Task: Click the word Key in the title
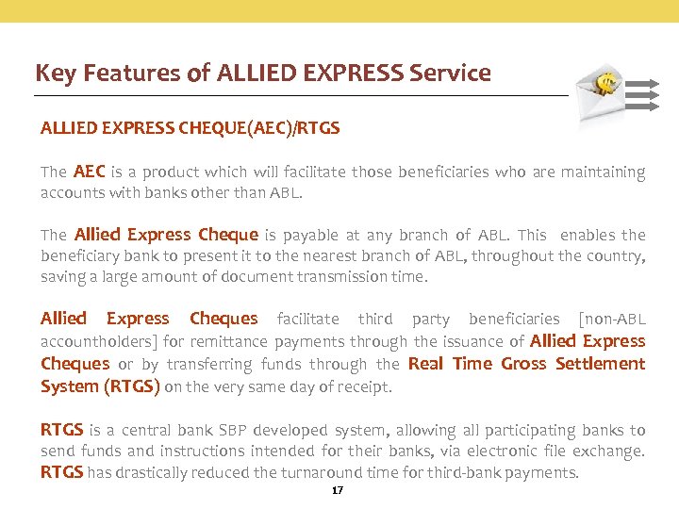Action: point(54,74)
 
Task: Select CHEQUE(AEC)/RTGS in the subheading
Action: point(259,128)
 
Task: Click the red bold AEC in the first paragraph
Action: point(89,172)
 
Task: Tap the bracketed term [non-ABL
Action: point(612,320)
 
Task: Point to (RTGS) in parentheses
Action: point(131,386)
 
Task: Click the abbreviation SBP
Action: point(232,430)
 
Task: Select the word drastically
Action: point(126,473)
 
